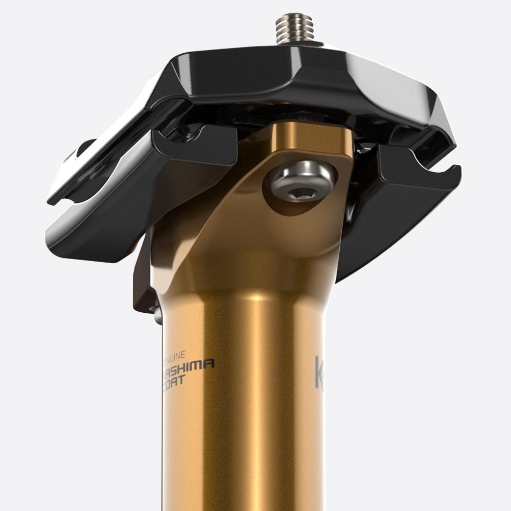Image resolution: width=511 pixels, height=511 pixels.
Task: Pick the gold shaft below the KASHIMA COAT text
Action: coord(245,450)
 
